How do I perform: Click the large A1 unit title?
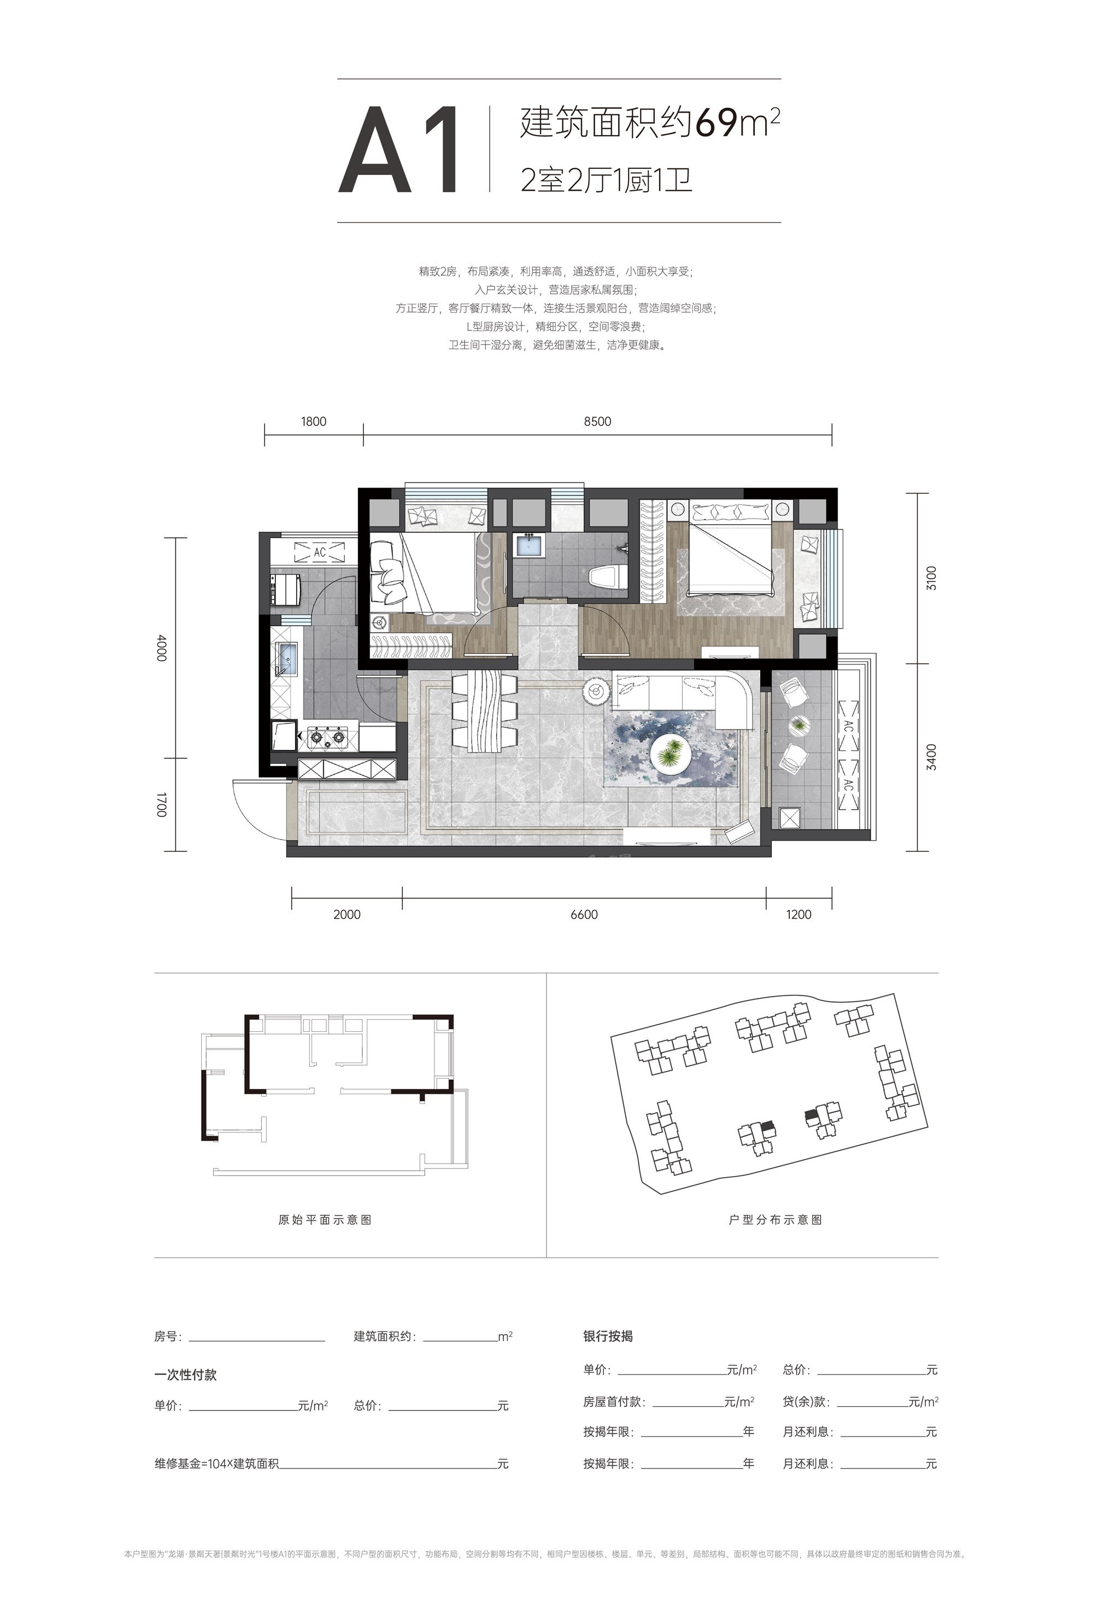(x=399, y=150)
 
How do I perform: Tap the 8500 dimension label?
(x=597, y=421)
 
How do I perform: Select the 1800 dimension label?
(x=314, y=421)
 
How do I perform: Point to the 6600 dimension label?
(x=584, y=914)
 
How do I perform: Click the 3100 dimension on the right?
(x=932, y=578)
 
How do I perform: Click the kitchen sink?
(x=286, y=658)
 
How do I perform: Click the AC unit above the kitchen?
(x=319, y=552)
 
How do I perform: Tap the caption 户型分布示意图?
(x=776, y=1219)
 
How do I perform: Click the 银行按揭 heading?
(x=608, y=1336)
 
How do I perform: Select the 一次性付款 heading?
(x=186, y=1374)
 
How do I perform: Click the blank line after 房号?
(x=256, y=1341)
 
